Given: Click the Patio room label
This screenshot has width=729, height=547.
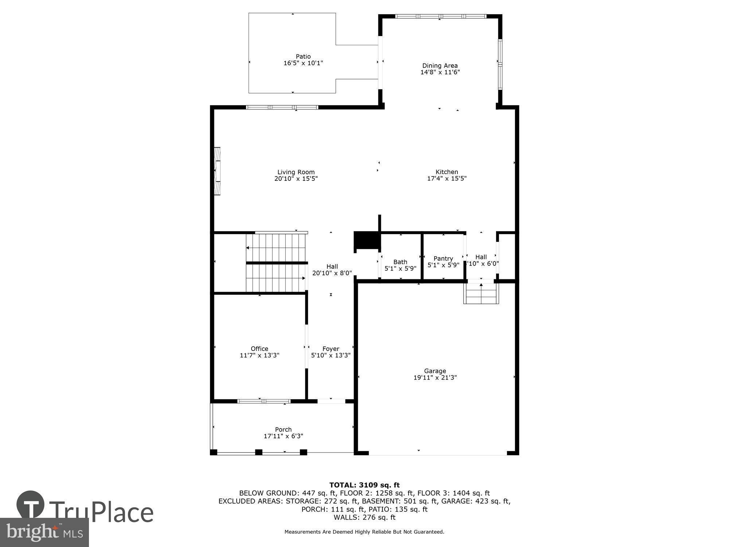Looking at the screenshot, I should tap(303, 57).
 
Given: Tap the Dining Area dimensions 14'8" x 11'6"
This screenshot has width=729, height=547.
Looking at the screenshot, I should tap(440, 72).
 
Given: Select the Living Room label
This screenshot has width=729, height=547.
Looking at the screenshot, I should tap(296, 172).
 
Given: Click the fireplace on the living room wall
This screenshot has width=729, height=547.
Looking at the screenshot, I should tap(217, 171).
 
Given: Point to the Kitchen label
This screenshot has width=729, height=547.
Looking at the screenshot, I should tap(447, 172).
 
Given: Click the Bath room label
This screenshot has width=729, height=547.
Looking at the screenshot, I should tap(400, 262).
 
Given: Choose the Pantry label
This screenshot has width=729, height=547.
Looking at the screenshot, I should tap(443, 259).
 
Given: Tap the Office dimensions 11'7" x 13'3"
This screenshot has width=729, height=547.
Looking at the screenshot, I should tap(259, 355).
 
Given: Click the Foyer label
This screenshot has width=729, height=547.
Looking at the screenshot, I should tap(331, 349).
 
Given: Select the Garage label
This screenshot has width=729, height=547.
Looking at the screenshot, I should tap(435, 371).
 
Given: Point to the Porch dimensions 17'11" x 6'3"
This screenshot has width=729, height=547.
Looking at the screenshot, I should tap(283, 436).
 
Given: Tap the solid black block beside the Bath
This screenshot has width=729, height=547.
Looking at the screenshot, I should tap(367, 241).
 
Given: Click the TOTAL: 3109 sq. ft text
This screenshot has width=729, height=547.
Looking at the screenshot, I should tap(364, 485).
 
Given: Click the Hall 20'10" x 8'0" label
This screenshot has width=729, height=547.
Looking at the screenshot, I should tap(332, 269).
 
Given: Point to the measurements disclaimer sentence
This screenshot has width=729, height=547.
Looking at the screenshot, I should tap(364, 532).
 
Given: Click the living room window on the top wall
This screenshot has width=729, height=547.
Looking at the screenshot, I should tap(282, 107).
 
